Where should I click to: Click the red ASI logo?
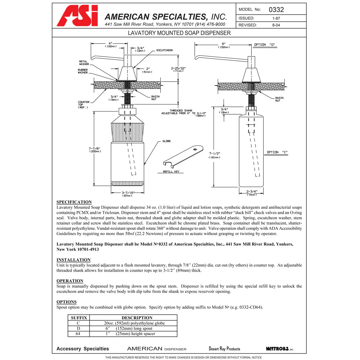click(77, 16)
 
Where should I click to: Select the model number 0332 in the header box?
click(276, 10)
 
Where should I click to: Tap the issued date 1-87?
click(276, 18)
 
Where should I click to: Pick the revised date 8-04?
click(276, 25)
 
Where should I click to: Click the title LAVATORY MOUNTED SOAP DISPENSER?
click(179, 33)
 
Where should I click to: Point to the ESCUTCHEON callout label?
click(164, 50)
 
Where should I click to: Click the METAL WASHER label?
click(84, 63)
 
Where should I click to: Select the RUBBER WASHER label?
click(83, 71)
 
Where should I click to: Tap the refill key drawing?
click(183, 156)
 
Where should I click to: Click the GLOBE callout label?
click(166, 141)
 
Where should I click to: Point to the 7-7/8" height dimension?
click(94, 150)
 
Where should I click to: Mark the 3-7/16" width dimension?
click(128, 194)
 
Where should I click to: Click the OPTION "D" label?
click(264, 45)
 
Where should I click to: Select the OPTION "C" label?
click(277, 152)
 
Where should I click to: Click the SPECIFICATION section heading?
click(74, 202)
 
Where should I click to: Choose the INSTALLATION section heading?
click(73, 260)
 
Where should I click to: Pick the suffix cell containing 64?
click(78, 334)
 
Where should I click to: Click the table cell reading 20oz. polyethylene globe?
click(134, 323)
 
